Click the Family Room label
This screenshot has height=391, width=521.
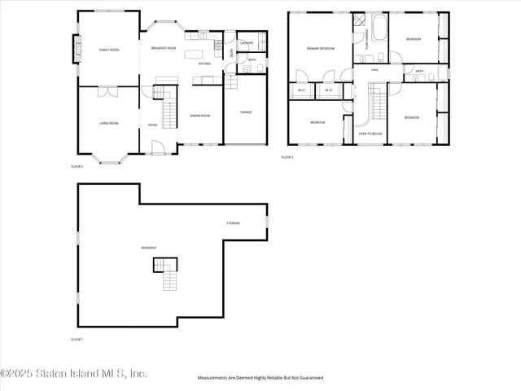tap(109, 51)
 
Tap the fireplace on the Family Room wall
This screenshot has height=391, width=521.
tap(79, 51)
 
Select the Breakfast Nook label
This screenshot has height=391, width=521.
tap(164, 49)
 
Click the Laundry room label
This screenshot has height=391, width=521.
tap(247, 42)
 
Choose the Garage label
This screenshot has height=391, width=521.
tap(245, 112)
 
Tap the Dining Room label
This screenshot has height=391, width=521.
tap(200, 116)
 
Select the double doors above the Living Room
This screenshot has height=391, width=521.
tap(108, 92)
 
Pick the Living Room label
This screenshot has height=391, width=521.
tap(109, 123)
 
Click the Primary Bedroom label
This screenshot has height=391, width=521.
tap(321, 49)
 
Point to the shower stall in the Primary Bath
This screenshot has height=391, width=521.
tap(359, 22)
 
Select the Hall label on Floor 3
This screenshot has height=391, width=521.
tap(375, 70)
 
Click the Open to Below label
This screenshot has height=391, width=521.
tap(370, 133)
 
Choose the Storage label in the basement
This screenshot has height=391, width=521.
tap(233, 222)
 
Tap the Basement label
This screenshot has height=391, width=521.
tap(149, 248)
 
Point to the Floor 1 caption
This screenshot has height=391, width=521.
tap(77, 339)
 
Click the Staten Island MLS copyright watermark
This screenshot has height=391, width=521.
tap(74, 373)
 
